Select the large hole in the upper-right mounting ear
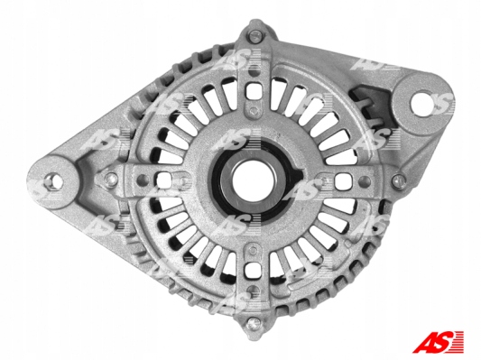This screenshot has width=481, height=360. [423, 103]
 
